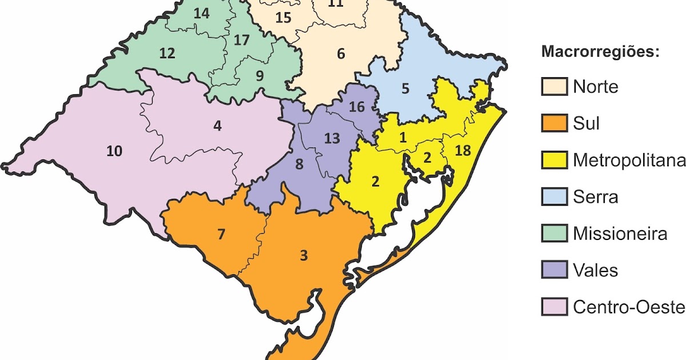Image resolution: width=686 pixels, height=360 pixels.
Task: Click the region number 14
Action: [x=201, y=14]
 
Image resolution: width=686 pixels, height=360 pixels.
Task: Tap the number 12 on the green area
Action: [x=167, y=54]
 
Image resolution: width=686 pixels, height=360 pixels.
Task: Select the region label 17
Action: [x=242, y=41]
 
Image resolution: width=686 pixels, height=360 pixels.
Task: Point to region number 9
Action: [x=260, y=75]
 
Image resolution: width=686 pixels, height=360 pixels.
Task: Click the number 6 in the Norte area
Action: [x=341, y=54]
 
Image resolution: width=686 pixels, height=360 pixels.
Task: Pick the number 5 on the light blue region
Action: [x=405, y=89]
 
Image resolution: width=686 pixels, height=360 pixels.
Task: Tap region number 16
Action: [x=356, y=107]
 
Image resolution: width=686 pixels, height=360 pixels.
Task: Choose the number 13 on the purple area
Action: [x=332, y=138]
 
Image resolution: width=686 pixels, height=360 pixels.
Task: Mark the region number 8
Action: [x=299, y=165]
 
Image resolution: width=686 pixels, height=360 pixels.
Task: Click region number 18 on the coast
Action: [x=463, y=150]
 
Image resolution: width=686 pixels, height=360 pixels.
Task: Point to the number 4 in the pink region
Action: [x=217, y=126]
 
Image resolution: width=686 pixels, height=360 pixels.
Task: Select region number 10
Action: [x=114, y=151]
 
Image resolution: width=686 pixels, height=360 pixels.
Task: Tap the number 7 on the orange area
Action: [x=221, y=234]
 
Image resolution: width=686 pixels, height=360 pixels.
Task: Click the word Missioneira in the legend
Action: [x=620, y=234]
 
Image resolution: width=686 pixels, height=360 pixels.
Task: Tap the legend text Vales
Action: [x=595, y=270]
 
